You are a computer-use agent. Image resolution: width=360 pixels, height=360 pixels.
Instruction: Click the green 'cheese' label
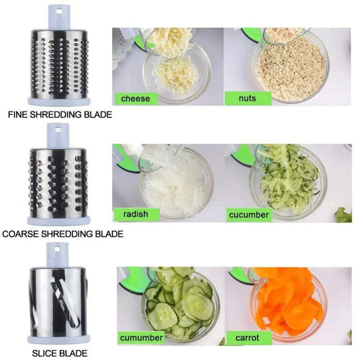(135, 99)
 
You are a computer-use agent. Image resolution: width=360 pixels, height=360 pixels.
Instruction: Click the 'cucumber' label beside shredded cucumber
(249, 215)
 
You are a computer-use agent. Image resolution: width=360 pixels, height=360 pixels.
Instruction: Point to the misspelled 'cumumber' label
(142, 336)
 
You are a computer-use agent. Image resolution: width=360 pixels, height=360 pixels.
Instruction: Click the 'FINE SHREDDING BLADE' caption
(59, 115)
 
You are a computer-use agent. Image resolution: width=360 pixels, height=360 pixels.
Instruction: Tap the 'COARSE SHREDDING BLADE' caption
(63, 234)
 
